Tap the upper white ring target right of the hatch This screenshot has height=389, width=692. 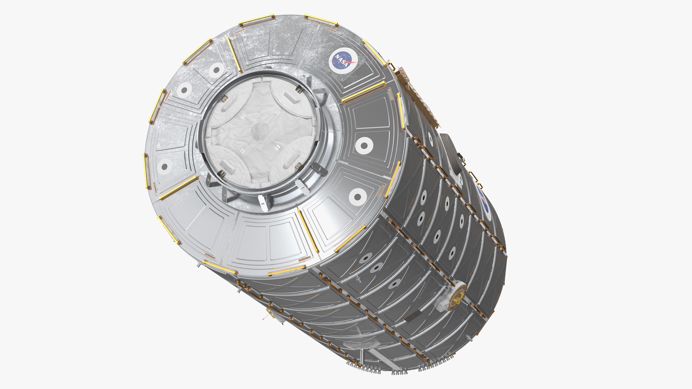click(x=364, y=146)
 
